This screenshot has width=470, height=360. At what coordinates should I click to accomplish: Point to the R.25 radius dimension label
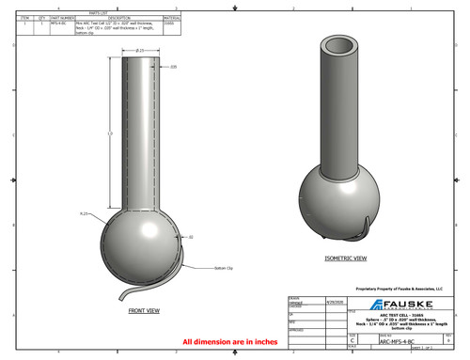(84, 214)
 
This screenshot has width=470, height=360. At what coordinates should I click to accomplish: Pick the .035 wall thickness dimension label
(174, 67)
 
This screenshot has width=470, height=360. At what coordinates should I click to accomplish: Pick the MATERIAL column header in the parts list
(172, 18)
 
